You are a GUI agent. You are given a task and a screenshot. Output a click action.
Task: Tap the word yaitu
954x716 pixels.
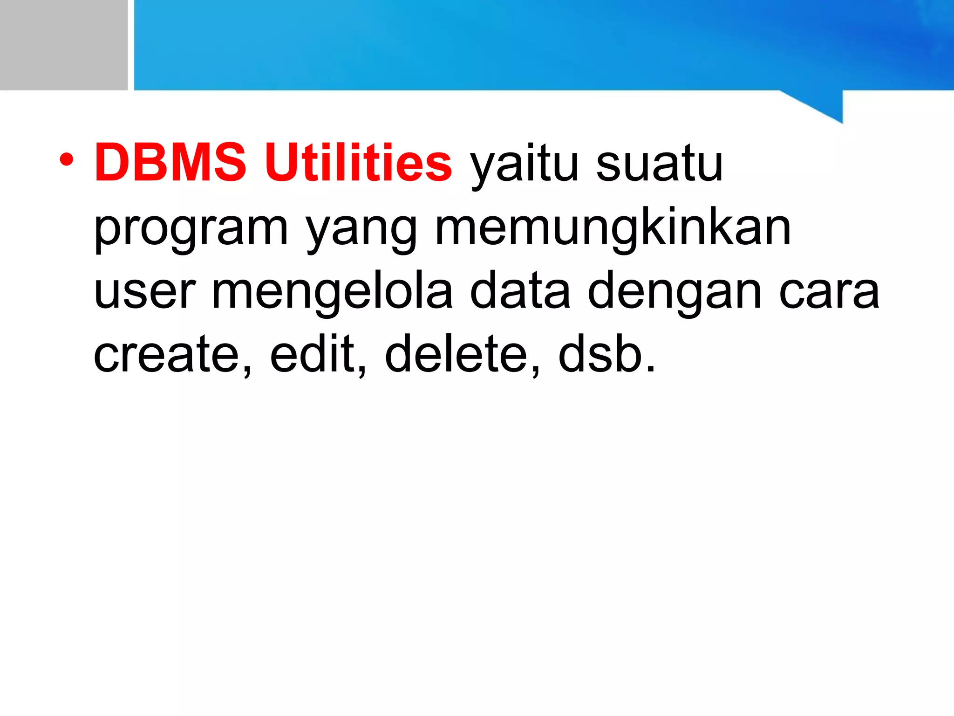[x=524, y=165]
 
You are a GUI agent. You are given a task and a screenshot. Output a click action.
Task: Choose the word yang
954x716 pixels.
[x=361, y=231]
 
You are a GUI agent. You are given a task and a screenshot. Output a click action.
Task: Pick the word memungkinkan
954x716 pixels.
[x=613, y=228]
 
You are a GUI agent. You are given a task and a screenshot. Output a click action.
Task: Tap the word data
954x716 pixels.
[x=520, y=291]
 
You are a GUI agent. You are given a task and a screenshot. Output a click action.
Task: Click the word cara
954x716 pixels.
[x=829, y=294]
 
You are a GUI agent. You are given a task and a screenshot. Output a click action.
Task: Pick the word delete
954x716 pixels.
[x=457, y=354]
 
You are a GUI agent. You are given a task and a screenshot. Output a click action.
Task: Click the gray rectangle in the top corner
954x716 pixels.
[x=63, y=45]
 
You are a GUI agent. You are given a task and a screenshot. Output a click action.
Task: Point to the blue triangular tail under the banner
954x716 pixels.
[x=825, y=105]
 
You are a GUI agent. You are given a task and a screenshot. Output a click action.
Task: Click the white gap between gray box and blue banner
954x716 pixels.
[x=131, y=45]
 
